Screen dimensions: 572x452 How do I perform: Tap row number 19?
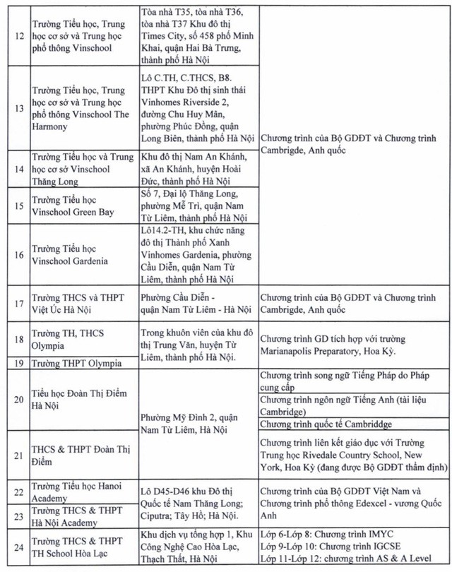point(18,363)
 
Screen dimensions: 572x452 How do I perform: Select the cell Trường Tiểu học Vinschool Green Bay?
point(73,205)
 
